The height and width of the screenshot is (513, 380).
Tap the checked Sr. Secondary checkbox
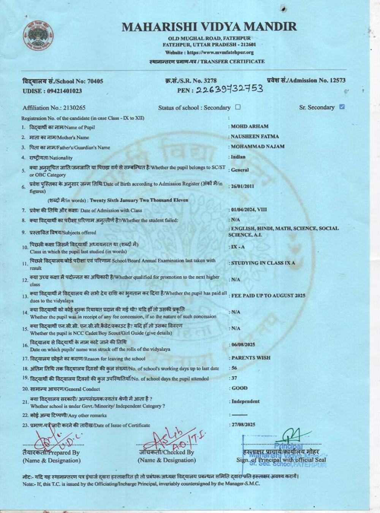pyautogui.click(x=342, y=107)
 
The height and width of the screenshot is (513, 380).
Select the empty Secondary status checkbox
pyautogui.click(x=238, y=107)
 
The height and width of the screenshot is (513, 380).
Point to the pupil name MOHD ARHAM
pyautogui.click(x=250, y=127)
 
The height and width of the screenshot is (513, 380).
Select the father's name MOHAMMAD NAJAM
pyautogui.click(x=257, y=146)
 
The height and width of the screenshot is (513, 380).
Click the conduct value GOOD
pyautogui.click(x=239, y=388)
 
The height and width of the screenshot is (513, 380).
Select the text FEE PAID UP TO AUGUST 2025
pyautogui.click(x=268, y=296)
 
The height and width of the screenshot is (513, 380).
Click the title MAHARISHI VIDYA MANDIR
pyautogui.click(x=209, y=27)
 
